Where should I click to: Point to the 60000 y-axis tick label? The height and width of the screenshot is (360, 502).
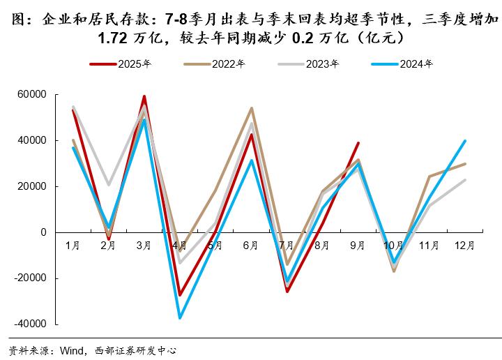tap(31, 94)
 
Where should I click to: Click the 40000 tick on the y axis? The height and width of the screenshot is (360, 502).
tap(31, 140)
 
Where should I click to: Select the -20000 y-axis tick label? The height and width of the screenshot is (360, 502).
tap(30, 278)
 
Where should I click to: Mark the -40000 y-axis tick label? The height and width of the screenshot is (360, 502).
tap(30, 324)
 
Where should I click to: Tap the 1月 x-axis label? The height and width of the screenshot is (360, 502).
tap(73, 246)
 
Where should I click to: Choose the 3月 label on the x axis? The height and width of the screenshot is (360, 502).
tap(144, 246)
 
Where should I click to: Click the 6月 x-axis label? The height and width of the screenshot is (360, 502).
tap(251, 246)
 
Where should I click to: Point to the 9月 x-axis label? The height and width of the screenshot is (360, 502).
tap(358, 246)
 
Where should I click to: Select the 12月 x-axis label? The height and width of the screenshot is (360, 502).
tap(464, 246)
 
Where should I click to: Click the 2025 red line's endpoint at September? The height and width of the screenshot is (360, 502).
tap(358, 143)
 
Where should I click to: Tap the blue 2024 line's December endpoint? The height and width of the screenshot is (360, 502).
tap(465, 141)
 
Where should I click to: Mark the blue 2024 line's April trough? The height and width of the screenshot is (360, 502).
tap(180, 318)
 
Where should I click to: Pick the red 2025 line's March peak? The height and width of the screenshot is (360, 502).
tap(144, 96)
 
